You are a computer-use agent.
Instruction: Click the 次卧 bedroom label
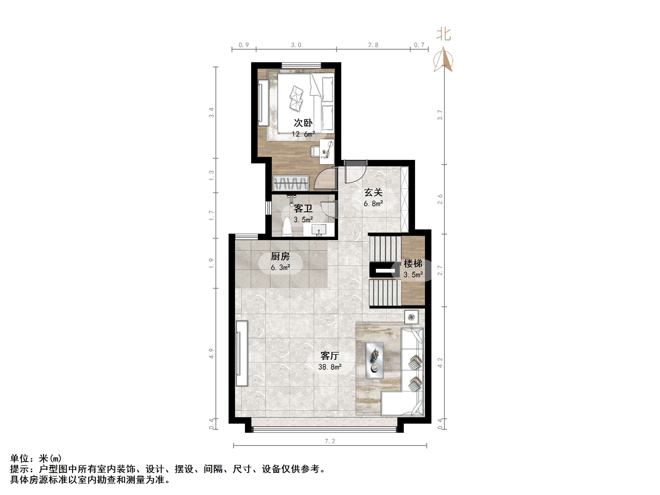[x=303, y=123]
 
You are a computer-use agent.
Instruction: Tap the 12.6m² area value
[x=303, y=134]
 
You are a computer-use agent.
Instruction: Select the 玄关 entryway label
[x=373, y=192]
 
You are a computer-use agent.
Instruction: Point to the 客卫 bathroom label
[x=303, y=208]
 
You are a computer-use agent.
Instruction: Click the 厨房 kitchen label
[x=280, y=256]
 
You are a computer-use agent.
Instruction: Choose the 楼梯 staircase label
[x=413, y=263]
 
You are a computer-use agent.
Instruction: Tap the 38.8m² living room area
[x=330, y=367]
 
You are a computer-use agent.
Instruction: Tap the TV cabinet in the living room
[x=242, y=353]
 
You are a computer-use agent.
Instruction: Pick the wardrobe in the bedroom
[x=290, y=183]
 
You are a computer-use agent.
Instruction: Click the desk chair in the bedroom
[x=315, y=151]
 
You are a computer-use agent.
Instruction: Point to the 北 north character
[x=443, y=34]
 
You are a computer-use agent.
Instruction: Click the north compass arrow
[x=443, y=60]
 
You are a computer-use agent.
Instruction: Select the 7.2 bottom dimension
[x=330, y=441]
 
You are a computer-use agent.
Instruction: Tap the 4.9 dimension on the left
[x=211, y=354]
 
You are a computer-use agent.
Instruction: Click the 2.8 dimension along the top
[x=373, y=45]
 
